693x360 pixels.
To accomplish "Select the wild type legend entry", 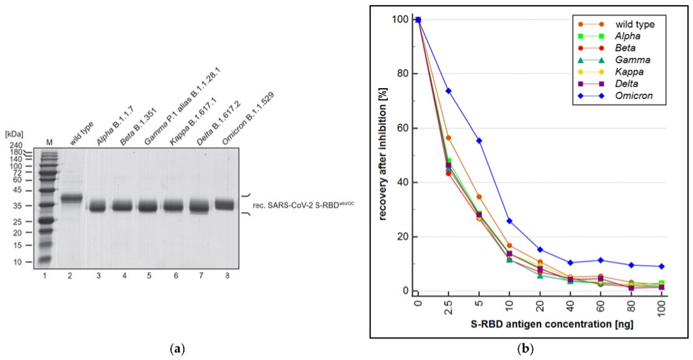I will pyautogui.click(x=628, y=25).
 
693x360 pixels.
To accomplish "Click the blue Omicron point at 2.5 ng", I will pyautogui.click(x=449, y=91).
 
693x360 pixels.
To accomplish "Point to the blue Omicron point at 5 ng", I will pyautogui.click(x=479, y=140).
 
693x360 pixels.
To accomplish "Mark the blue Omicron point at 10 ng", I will pyautogui.click(x=509, y=221).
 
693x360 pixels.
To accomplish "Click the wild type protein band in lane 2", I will pyautogui.click(x=71, y=198).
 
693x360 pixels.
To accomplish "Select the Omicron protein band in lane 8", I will pyautogui.click(x=224, y=205).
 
